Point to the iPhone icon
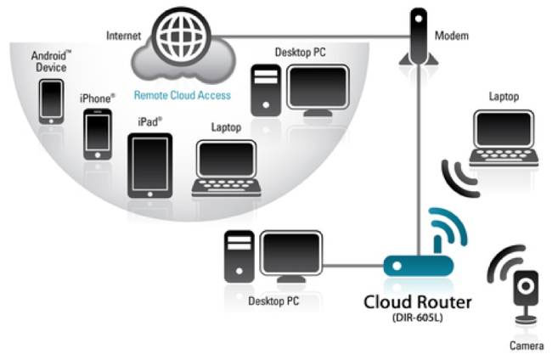97,134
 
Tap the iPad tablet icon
149,165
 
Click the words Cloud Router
417,301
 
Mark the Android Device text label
51,61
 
